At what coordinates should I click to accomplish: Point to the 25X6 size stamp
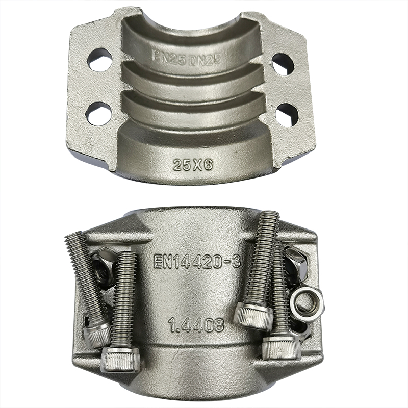(x=193, y=165)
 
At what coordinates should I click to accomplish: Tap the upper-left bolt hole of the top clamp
(x=100, y=60)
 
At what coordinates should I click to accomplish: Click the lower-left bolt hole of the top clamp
(x=99, y=114)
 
